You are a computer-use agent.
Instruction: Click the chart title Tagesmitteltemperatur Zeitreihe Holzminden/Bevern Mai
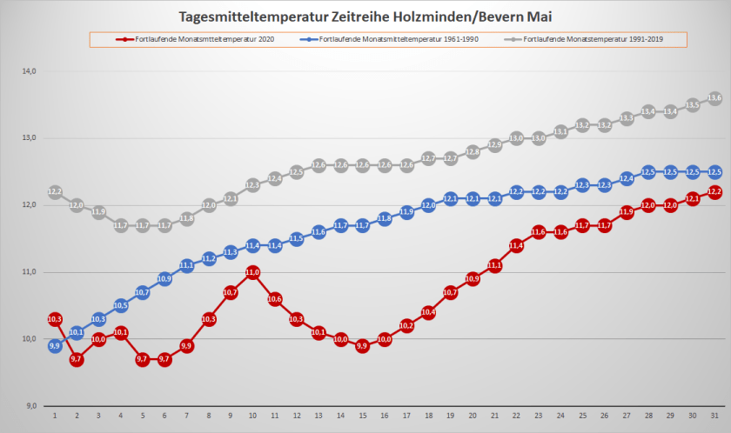click(x=365, y=17)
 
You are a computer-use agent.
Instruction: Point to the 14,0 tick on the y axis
click(x=29, y=71)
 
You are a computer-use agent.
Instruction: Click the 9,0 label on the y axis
click(x=29, y=406)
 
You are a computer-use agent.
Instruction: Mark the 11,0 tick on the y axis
click(x=29, y=272)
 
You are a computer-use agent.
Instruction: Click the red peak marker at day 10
click(x=252, y=272)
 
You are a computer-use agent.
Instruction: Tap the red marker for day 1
click(x=55, y=319)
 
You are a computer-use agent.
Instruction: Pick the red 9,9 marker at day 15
click(x=363, y=346)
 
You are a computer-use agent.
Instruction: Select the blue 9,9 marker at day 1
click(x=55, y=346)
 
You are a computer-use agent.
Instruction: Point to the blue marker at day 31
click(x=714, y=172)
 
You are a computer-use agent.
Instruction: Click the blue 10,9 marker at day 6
click(x=164, y=279)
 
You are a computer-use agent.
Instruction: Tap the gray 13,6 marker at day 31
click(x=714, y=98)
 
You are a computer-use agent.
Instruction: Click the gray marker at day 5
click(x=143, y=225)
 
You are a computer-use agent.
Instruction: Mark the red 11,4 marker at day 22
click(x=517, y=245)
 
